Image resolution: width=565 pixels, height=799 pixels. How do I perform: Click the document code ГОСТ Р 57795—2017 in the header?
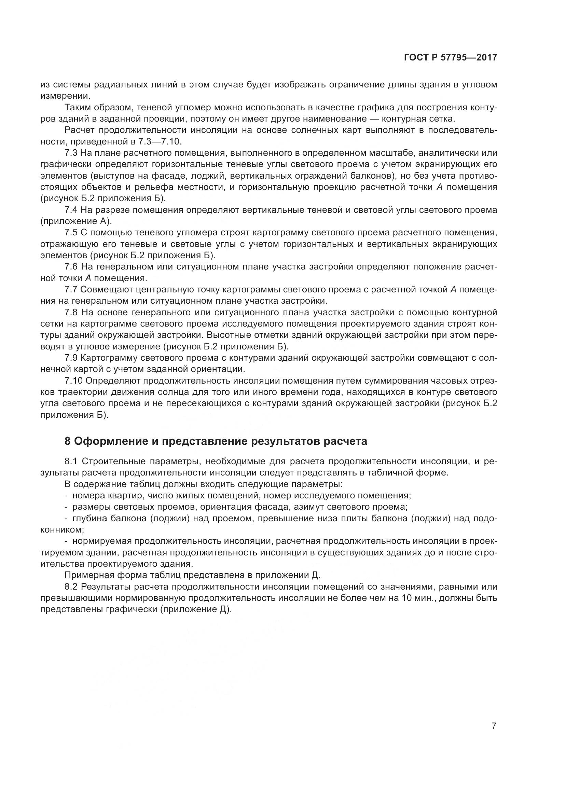(450, 58)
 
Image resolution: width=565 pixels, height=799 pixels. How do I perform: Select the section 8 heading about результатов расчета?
(216, 441)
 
